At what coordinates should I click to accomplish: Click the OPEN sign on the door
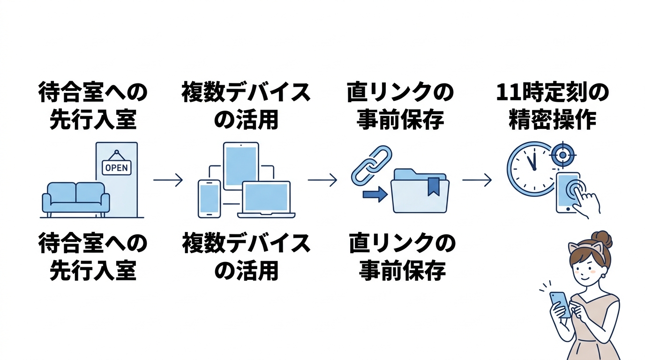(117, 167)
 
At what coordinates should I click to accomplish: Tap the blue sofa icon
(76, 197)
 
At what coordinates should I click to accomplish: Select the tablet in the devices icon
(241, 165)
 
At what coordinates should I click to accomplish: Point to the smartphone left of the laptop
(209, 198)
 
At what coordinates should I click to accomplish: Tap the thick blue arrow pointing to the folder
(375, 194)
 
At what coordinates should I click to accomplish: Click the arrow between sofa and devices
(167, 180)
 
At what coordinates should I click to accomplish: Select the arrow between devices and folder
(322, 180)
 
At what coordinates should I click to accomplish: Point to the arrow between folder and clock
(477, 180)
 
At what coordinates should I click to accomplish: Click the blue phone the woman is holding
(560, 304)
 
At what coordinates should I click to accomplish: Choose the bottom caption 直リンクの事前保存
(402, 257)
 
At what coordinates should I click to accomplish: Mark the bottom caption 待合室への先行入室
(92, 257)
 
